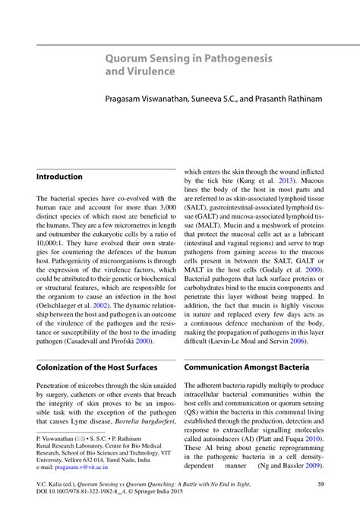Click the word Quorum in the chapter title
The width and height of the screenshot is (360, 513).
[x=127, y=58]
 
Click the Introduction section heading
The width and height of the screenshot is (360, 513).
[x=59, y=177]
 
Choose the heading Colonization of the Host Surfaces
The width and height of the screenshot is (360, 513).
[x=96, y=367]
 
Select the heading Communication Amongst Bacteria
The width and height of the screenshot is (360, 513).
[x=246, y=367]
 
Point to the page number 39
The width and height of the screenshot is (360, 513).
[x=321, y=484]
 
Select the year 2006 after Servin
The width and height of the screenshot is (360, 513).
[x=296, y=341]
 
